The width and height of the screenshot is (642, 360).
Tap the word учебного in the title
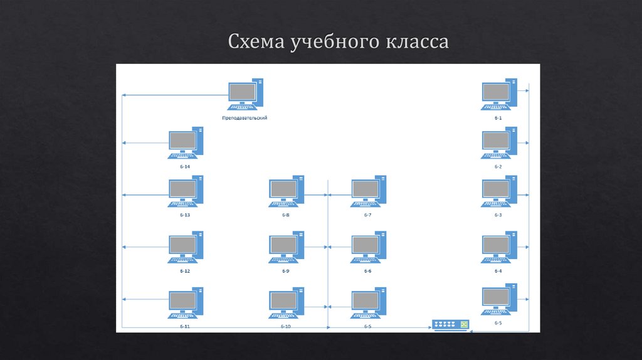click(x=334, y=43)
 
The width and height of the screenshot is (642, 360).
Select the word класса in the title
click(x=418, y=43)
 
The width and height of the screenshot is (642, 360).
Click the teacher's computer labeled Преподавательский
click(x=245, y=95)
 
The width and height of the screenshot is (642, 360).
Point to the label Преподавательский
click(x=245, y=117)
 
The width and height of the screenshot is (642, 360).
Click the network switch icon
click(x=450, y=325)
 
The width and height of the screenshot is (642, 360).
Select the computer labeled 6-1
click(x=499, y=95)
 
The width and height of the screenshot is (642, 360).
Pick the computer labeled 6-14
click(x=186, y=143)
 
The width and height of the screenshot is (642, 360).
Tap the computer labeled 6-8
click(x=287, y=191)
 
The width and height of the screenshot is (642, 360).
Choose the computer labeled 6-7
click(x=368, y=191)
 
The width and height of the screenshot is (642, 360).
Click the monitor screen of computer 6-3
click(x=496, y=189)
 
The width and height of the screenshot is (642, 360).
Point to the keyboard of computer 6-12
click(x=182, y=260)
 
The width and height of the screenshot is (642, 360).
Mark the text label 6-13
click(x=185, y=215)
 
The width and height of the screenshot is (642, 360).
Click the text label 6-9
click(x=286, y=271)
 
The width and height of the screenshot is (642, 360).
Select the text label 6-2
click(x=498, y=167)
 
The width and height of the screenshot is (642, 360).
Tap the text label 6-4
click(x=498, y=271)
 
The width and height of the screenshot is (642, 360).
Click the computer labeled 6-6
click(x=368, y=247)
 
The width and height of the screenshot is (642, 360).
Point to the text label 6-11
click(x=185, y=327)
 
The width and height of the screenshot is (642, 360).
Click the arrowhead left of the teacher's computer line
click(x=124, y=95)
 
